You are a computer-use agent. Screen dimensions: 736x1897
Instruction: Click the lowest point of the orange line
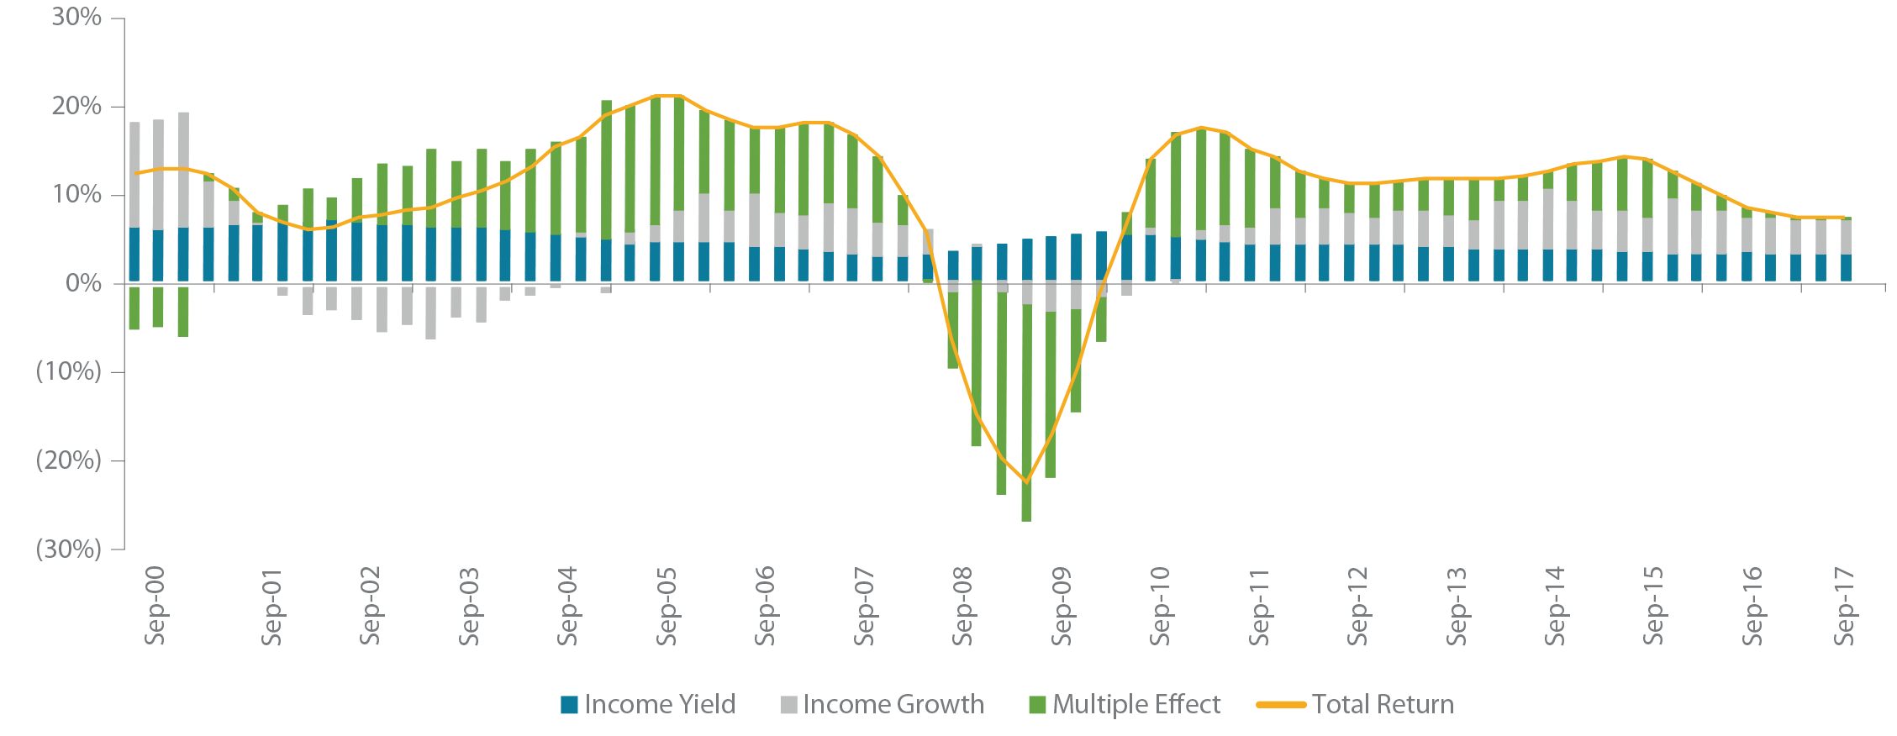click(x=1025, y=481)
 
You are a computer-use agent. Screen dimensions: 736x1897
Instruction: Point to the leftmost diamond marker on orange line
click(x=145, y=172)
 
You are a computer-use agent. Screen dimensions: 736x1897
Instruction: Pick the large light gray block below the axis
click(x=403, y=361)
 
